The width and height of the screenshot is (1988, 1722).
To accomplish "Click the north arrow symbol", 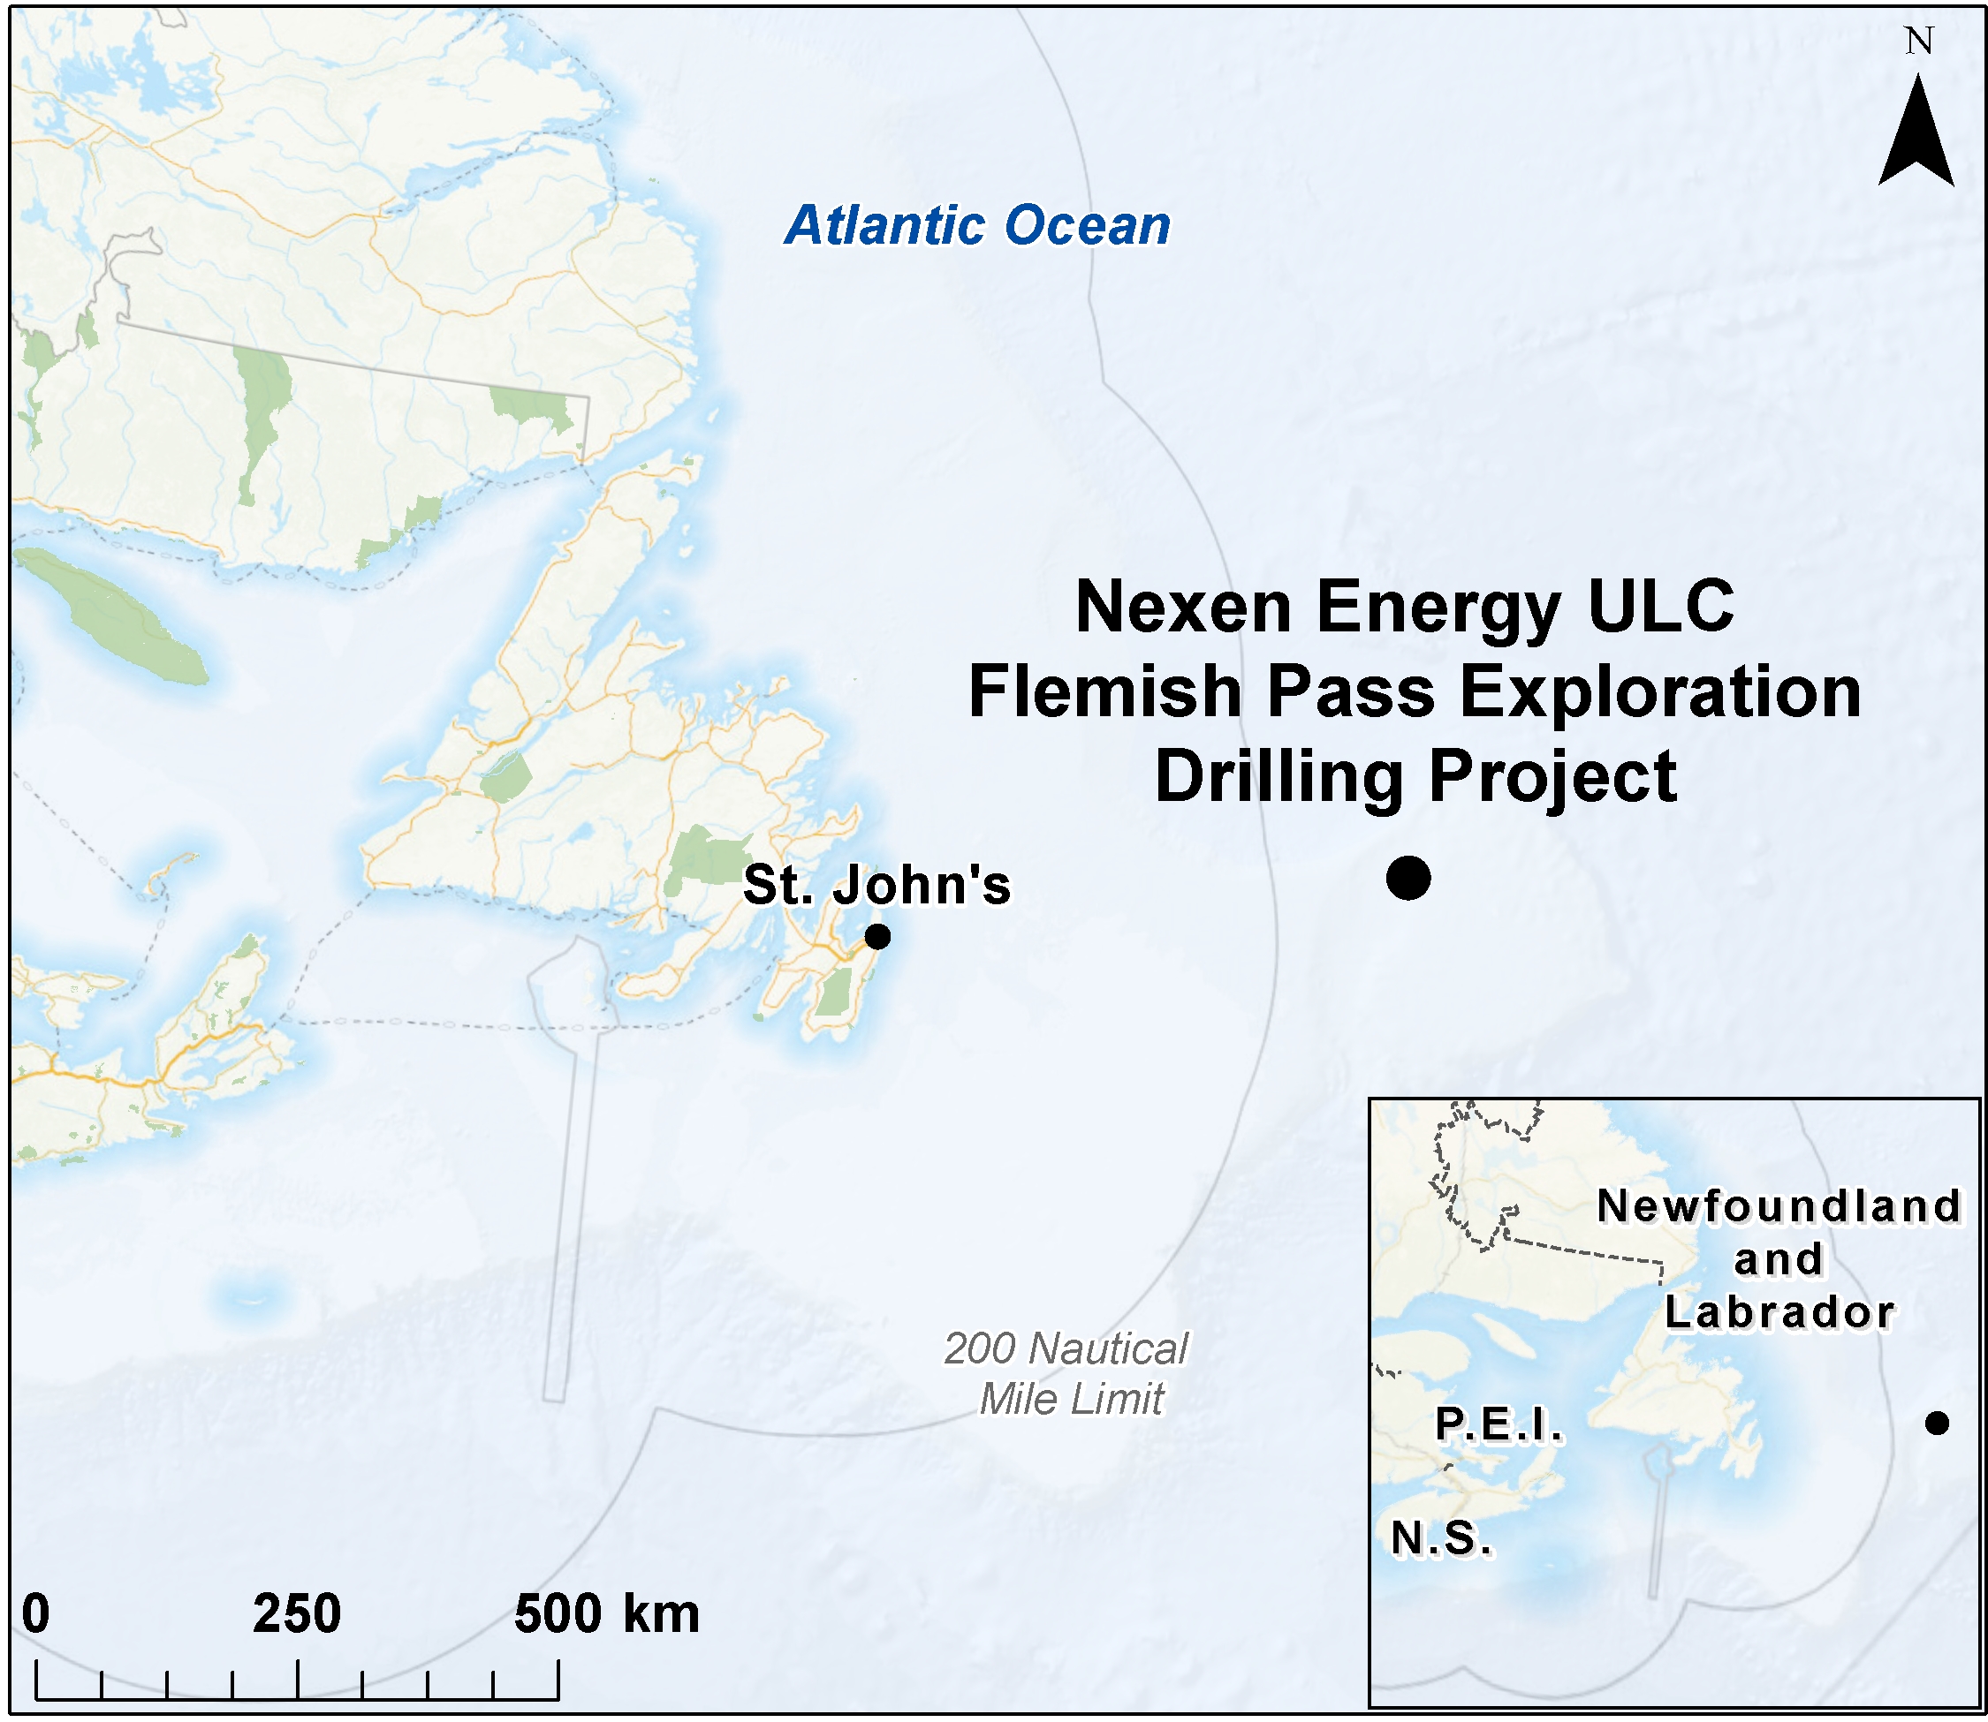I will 1916,135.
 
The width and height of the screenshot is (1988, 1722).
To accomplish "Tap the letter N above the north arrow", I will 1919,42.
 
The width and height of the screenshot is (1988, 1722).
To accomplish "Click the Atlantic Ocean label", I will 976,226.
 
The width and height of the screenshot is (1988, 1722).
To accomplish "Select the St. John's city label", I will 876,885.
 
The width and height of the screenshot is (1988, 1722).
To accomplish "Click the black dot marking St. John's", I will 876,936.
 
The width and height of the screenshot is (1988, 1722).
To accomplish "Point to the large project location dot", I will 1408,877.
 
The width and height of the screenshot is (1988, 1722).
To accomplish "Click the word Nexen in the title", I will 1183,608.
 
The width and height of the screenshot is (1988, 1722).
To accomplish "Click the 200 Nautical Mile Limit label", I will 1068,1374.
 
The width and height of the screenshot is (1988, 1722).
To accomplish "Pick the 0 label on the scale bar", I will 35,1613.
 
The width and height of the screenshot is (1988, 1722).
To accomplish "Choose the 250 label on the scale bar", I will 296,1613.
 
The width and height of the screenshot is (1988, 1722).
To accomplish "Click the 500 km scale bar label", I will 605,1613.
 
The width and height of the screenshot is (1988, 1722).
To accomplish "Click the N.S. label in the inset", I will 1441,1538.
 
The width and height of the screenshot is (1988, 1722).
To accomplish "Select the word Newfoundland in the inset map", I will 1779,1207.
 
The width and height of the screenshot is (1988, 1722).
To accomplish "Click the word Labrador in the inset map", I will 1779,1312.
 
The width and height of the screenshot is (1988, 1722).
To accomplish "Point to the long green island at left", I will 110,615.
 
